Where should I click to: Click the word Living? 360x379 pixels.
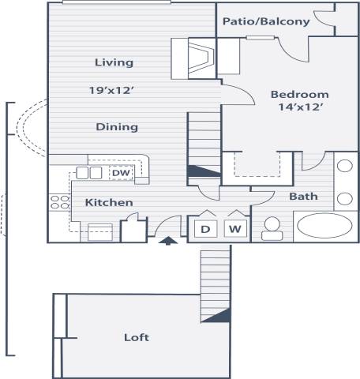coord(114,62)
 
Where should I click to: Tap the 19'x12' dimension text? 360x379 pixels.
coord(114,90)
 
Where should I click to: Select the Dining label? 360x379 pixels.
coord(117,126)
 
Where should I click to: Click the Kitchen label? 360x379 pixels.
coord(109,203)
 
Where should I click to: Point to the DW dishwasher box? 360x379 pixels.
coord(121,173)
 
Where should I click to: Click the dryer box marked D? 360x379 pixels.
coord(204,229)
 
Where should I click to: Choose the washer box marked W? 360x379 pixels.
coord(234,229)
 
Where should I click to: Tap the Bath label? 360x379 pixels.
coord(303,197)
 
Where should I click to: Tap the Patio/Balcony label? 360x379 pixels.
coord(266,21)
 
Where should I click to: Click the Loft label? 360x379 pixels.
coord(137,337)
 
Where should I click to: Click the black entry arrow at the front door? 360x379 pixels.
coord(167,241)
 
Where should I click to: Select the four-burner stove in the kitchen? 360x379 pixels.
coord(60,201)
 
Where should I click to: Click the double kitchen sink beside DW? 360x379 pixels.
coord(89,173)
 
